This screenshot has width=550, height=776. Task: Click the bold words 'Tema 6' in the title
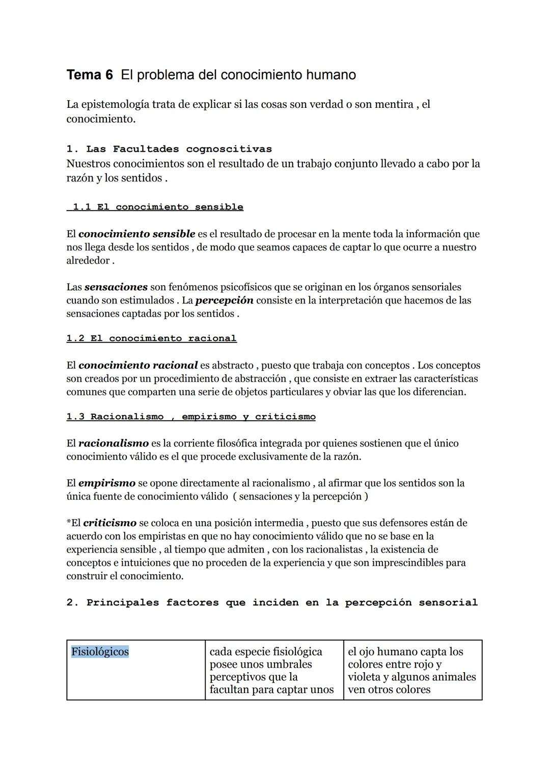[90, 75]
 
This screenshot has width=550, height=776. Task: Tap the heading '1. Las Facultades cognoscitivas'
[169, 149]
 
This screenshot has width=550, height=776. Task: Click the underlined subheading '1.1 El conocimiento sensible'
[157, 207]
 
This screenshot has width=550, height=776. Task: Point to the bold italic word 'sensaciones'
[116, 287]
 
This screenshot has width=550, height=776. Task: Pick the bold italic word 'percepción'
[224, 300]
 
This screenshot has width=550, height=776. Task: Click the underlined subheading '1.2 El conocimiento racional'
[151, 338]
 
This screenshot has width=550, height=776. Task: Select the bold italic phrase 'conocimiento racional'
[138, 365]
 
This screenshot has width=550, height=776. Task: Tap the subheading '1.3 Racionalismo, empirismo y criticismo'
[191, 417]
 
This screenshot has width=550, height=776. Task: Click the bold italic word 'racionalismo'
[113, 443]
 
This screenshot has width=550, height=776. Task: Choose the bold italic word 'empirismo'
[107, 483]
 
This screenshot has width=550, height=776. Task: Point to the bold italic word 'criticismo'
[109, 523]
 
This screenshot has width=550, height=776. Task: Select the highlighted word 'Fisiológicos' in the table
[100, 652]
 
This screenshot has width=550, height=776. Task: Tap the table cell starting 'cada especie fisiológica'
[274, 670]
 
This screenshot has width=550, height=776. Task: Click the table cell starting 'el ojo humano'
[412, 670]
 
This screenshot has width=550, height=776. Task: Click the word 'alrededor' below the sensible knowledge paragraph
[88, 261]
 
